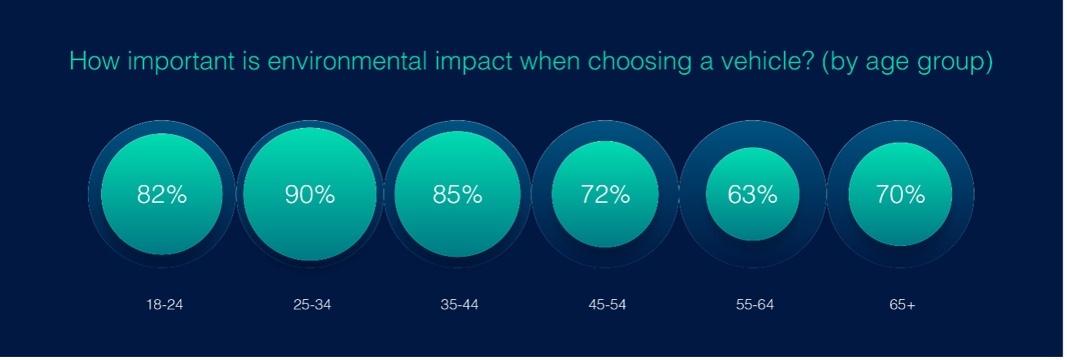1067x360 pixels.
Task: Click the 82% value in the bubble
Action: (162, 194)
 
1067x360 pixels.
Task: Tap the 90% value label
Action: (310, 194)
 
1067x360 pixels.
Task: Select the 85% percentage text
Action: (458, 194)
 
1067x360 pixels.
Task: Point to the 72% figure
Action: (605, 194)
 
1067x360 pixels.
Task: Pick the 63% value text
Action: (752, 194)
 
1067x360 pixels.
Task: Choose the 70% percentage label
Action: (900, 194)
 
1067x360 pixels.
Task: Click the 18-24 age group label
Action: (164, 304)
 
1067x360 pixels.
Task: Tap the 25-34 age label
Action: (312, 304)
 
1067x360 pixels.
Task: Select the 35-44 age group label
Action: (459, 304)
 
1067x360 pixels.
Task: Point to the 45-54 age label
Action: (608, 304)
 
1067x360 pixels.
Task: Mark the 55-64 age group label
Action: (755, 304)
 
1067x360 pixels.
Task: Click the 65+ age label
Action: (902, 304)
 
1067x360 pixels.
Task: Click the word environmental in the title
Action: (347, 62)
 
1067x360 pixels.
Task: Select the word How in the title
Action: (94, 62)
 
